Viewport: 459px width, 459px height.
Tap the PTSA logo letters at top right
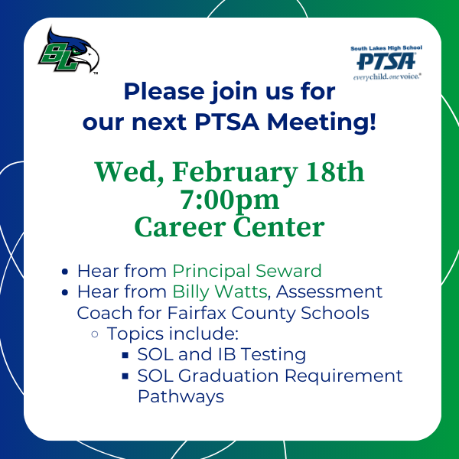(x=389, y=61)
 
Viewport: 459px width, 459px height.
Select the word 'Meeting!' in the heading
(x=334, y=122)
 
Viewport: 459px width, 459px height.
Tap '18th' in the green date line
(x=336, y=173)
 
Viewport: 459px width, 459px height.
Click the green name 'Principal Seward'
(x=246, y=271)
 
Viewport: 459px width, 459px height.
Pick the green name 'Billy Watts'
(x=220, y=291)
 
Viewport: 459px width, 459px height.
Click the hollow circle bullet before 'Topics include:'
(x=95, y=334)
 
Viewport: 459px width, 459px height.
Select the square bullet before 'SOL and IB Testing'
(x=125, y=355)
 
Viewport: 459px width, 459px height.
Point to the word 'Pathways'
(x=181, y=396)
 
